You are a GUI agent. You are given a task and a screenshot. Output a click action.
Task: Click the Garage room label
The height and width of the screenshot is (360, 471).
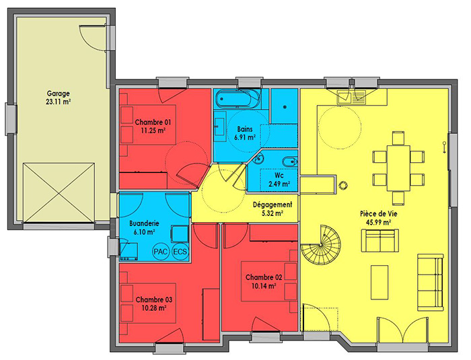59,93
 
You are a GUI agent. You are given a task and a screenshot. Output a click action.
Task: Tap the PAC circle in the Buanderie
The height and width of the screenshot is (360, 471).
160,252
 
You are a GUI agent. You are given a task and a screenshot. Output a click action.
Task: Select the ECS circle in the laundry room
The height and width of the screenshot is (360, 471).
180,252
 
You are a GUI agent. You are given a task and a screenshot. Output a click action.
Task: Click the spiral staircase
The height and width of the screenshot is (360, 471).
320,245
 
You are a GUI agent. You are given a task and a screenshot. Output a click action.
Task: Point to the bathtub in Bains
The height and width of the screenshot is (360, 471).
238,98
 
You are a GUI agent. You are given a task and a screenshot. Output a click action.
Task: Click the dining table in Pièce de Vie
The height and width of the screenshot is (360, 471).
398,168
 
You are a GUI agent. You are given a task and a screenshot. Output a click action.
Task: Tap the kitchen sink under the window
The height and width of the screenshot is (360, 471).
344,97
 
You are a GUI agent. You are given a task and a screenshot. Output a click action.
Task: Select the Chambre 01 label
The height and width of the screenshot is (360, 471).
153,122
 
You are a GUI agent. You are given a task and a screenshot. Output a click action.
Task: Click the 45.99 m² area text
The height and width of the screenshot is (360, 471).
378,222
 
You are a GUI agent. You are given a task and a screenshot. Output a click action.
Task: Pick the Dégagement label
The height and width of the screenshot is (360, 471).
272,205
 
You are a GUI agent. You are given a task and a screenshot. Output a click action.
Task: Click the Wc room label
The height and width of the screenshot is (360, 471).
279,175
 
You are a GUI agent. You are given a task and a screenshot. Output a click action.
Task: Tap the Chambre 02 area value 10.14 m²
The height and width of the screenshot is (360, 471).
264,286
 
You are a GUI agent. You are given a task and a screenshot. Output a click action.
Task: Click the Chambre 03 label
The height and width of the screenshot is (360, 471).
154,299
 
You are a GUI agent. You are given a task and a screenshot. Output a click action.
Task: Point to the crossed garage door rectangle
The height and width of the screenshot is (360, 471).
59,193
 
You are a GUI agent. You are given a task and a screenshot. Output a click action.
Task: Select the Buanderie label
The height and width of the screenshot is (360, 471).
144,223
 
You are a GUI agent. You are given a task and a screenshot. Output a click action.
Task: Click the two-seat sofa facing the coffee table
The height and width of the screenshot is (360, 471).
380,241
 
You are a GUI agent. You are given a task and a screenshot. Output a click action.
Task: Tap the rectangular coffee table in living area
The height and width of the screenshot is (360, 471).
380,282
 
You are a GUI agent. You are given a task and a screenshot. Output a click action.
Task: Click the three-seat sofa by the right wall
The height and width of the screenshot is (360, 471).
431,283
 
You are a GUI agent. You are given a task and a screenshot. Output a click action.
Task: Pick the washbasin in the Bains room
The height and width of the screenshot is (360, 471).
220,127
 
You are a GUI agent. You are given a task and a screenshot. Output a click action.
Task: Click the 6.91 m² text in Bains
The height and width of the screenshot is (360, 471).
245,138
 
